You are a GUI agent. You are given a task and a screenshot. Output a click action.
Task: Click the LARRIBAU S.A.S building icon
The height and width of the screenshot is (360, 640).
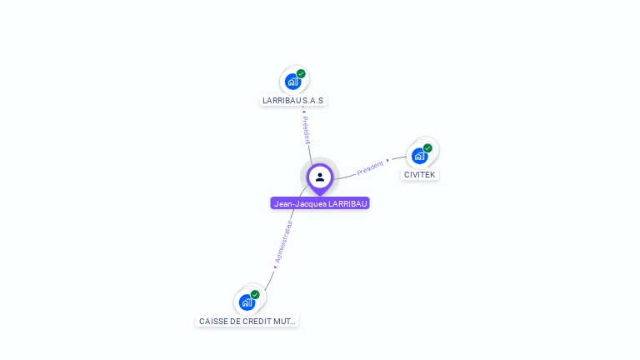292,81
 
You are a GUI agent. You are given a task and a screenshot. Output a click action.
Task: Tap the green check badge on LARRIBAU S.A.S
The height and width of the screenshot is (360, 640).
301,73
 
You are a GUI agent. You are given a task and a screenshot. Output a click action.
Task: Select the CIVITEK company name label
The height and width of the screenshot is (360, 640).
419,175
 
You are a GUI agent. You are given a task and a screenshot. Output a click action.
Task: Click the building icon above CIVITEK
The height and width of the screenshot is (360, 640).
419,155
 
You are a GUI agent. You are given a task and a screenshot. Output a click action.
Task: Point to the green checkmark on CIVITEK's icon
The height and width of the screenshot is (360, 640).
427,148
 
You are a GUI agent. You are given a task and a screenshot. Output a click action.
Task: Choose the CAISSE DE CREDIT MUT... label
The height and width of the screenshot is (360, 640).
247,321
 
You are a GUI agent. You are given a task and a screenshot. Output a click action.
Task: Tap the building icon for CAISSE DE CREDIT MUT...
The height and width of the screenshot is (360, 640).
247,302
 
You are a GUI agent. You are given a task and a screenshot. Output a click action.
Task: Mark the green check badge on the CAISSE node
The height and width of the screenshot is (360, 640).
255,294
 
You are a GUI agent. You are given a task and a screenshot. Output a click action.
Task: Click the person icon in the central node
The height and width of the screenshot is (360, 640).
320,177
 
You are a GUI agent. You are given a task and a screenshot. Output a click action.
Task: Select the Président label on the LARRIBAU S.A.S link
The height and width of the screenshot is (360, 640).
307,131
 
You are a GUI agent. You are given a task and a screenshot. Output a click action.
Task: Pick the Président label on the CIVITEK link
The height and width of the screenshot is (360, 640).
370,168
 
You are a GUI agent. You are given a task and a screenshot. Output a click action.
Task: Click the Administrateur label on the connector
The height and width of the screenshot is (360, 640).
284,242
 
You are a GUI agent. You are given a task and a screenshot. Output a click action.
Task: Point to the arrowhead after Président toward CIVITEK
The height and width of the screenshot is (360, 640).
388,160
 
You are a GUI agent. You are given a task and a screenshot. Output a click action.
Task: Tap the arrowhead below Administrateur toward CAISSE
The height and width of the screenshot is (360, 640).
275,267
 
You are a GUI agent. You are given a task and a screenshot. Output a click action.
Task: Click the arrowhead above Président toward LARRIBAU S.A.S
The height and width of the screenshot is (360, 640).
304,112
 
